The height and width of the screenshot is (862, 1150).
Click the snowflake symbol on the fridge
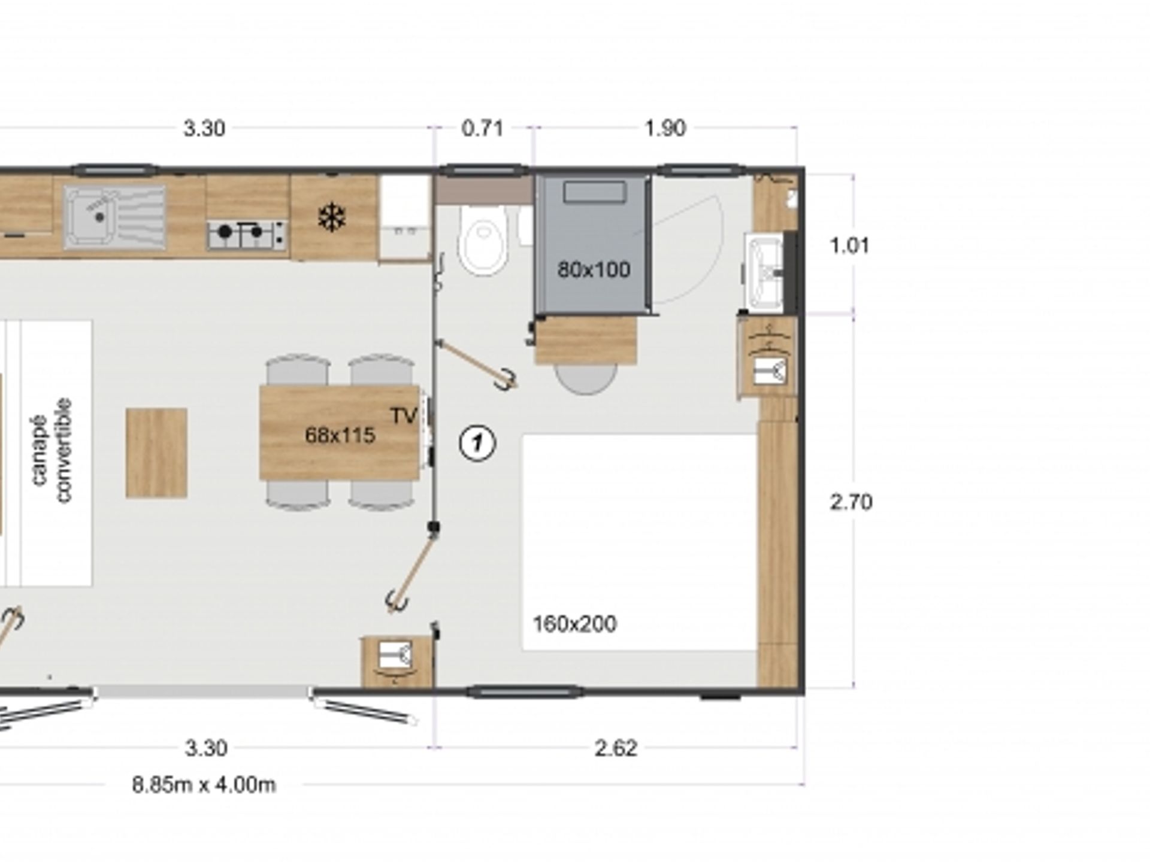tap(331, 217)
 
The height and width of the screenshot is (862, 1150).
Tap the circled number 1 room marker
tap(477, 444)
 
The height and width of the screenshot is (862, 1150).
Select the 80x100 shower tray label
tap(594, 270)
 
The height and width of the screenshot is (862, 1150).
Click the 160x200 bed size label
tap(574, 624)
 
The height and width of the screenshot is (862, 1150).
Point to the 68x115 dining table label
tap(340, 435)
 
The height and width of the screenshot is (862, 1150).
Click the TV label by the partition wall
tap(403, 416)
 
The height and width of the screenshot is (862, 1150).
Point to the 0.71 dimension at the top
tap(482, 128)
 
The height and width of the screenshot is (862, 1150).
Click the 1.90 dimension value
tap(665, 128)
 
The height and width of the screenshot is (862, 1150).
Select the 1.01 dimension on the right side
tap(849, 245)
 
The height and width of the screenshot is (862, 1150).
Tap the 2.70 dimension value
tap(851, 502)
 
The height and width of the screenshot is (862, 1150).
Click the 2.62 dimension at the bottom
tap(616, 748)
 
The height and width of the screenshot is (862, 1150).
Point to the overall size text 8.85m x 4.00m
tap(204, 785)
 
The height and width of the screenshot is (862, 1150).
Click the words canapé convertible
tap(52, 451)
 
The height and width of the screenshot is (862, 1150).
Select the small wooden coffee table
tap(156, 453)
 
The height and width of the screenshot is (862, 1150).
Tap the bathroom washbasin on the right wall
tap(764, 272)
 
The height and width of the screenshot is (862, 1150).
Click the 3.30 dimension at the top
tap(204, 128)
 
